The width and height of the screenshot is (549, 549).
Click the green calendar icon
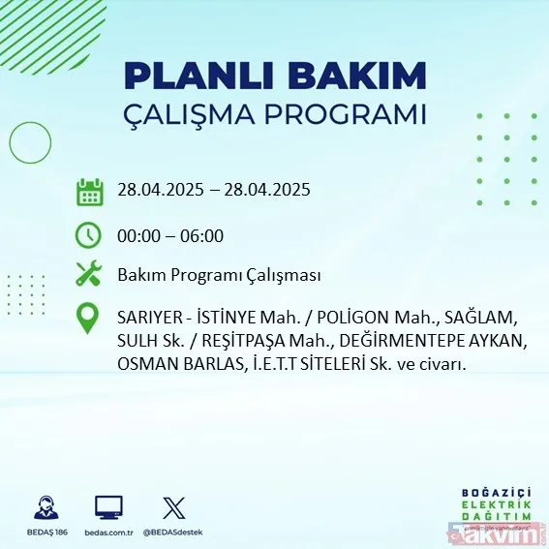coord(89,191)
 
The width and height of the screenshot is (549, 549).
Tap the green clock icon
coord(89,235)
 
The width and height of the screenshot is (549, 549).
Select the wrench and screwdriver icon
coord(89,275)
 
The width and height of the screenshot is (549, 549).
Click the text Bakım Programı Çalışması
coord(219,276)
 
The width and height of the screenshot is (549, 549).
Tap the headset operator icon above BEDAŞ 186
coord(46,507)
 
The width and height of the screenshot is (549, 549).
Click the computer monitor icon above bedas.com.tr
coord(108,507)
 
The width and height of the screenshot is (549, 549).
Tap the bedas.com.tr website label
coord(108,533)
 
